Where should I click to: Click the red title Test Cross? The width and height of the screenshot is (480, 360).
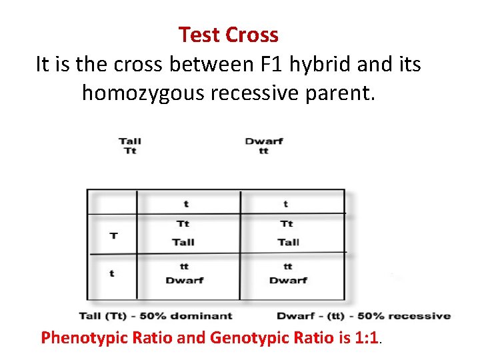point(228,35)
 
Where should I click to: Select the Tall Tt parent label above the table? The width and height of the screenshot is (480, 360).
point(130,146)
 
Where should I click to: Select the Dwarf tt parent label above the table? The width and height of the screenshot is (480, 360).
point(264,146)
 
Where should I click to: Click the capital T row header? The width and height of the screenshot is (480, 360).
point(113,235)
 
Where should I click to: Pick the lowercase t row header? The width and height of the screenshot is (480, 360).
point(111,273)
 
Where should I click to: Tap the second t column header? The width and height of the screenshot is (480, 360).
point(287,203)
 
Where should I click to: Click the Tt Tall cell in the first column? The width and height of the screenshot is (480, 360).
point(183,233)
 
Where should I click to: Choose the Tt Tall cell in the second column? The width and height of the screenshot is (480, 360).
point(288,233)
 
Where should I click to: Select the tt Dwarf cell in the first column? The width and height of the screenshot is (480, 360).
point(184,274)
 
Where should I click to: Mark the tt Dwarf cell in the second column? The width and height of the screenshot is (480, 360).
point(288,274)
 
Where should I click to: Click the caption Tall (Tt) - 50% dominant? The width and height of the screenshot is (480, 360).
point(155,316)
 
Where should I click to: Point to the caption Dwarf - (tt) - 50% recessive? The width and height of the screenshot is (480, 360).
point(363,316)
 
